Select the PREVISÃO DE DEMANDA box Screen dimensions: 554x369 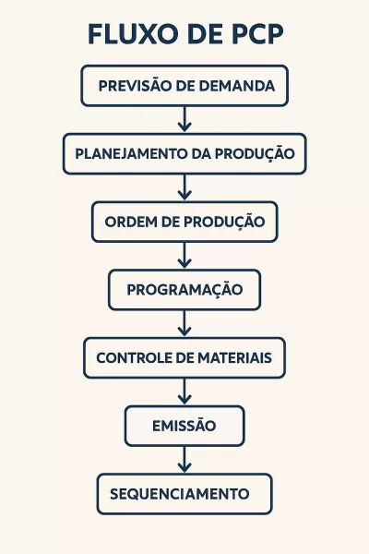coord(184,86)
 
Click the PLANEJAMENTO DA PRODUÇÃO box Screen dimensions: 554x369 coord(184,154)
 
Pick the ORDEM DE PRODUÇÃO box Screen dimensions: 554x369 coord(184,222)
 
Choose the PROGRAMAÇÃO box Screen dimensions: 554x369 coord(184,290)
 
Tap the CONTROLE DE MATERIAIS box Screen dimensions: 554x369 coord(184,358)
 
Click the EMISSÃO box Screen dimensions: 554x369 coord(184,426)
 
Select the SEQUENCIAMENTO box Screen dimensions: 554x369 coord(184,494)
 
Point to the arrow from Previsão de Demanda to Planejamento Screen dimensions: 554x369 coord(184,119)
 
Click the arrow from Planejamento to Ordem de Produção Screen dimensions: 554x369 coord(184,187)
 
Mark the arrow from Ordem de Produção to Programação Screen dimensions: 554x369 coord(184,256)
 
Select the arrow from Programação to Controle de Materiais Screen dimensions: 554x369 coord(184,324)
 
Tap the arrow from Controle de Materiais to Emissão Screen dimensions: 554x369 coord(184,391)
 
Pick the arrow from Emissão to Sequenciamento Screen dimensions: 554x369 coord(184,460)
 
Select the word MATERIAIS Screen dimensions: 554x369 coord(234,358)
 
